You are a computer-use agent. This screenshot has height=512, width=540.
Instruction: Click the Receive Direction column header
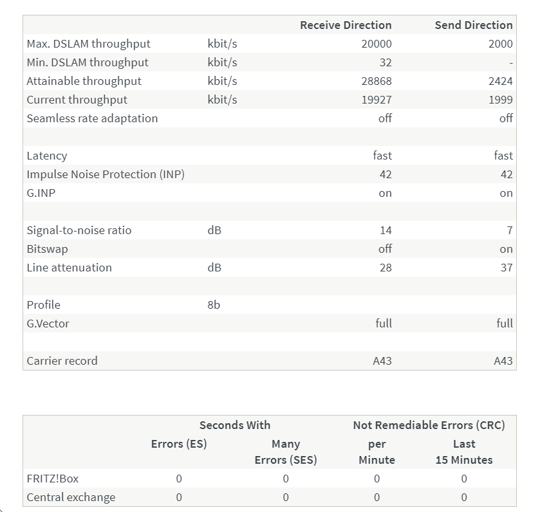pos(346,25)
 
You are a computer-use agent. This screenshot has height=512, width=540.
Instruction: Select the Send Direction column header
pos(474,25)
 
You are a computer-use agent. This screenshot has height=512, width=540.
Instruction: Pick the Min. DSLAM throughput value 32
pos(385,62)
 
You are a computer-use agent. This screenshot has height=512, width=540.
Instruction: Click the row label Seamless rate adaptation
pos(92,118)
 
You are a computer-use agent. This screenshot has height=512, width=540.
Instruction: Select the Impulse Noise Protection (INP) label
pos(106,174)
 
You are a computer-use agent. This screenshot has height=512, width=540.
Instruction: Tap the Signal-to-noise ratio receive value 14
pos(386,230)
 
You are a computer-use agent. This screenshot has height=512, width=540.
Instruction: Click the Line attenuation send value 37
pos(507,268)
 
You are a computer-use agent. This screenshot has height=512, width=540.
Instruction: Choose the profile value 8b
pos(214,305)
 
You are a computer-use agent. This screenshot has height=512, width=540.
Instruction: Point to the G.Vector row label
pos(48,324)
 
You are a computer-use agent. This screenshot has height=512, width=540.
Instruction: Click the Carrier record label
pos(62,361)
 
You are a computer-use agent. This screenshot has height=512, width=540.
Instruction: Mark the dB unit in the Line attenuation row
pos(214,268)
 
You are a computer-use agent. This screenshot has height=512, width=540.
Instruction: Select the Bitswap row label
pos(47,249)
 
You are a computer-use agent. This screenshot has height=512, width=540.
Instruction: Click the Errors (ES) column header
pos(179,444)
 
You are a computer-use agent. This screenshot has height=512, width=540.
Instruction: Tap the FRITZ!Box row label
pos(53,479)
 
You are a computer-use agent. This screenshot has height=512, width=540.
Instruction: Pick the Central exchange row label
pos(71,497)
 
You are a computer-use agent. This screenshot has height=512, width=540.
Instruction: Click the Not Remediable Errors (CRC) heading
pos(429,425)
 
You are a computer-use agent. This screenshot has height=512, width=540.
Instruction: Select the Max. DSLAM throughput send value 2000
pos(500,44)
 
